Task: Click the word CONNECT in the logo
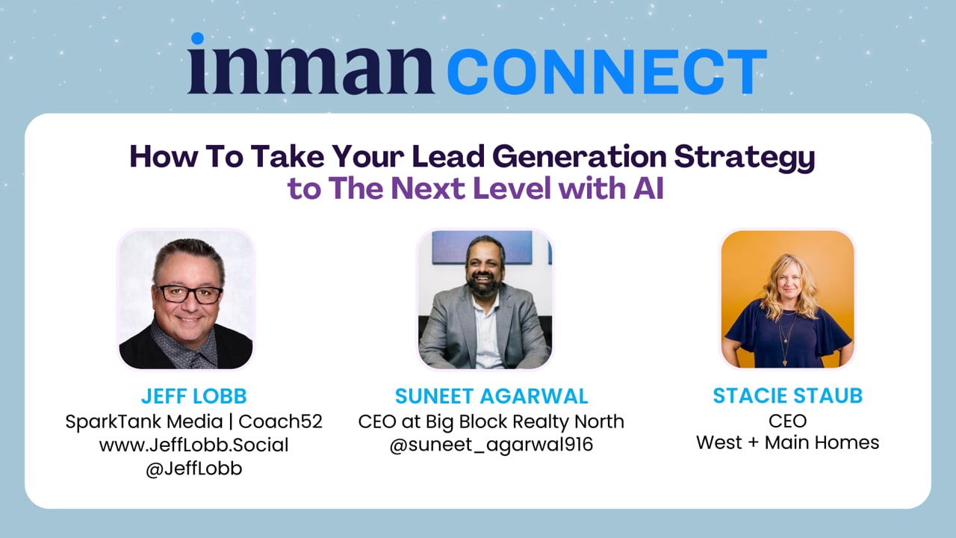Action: pos(607,71)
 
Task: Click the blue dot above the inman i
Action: pos(197,38)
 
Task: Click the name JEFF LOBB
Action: pos(193,396)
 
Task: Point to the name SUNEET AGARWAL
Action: pos(491,396)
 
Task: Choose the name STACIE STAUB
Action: pos(787,396)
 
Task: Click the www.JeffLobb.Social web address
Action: pos(193,445)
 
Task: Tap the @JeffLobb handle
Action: pos(193,469)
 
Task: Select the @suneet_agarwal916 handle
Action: pos(491,445)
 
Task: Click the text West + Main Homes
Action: pos(787,443)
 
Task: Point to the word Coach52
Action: pos(280,421)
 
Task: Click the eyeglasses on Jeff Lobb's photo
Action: pos(189,294)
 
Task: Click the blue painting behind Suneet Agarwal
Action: pos(482,247)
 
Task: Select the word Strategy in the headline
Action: pos(745,158)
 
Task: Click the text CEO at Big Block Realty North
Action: pos(491,421)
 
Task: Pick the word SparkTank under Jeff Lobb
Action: pos(114,422)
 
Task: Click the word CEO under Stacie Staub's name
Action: pos(787,421)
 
